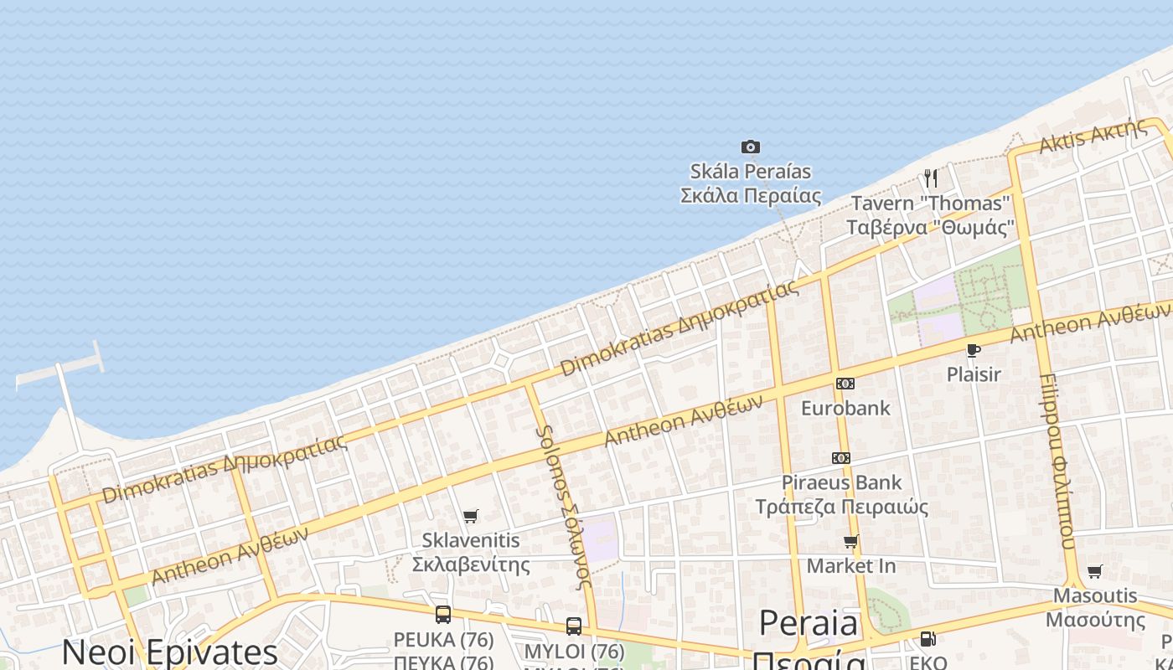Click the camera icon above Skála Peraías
click(x=751, y=147)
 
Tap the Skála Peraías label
click(x=751, y=183)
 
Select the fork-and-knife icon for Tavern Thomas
click(x=930, y=178)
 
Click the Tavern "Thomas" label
click(x=930, y=215)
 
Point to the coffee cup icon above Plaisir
click(x=973, y=350)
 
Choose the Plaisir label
click(x=974, y=374)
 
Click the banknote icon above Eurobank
click(x=845, y=384)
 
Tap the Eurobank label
click(x=845, y=408)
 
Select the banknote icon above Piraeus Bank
click(x=841, y=458)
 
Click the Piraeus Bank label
click(x=841, y=494)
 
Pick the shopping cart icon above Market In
click(x=851, y=542)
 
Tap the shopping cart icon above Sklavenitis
click(x=471, y=517)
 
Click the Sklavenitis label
click(x=471, y=553)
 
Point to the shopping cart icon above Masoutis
click(x=1095, y=572)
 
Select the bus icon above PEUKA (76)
click(x=443, y=615)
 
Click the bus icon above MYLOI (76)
click(x=574, y=626)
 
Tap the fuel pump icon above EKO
click(x=928, y=639)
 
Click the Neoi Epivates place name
click(x=169, y=652)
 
